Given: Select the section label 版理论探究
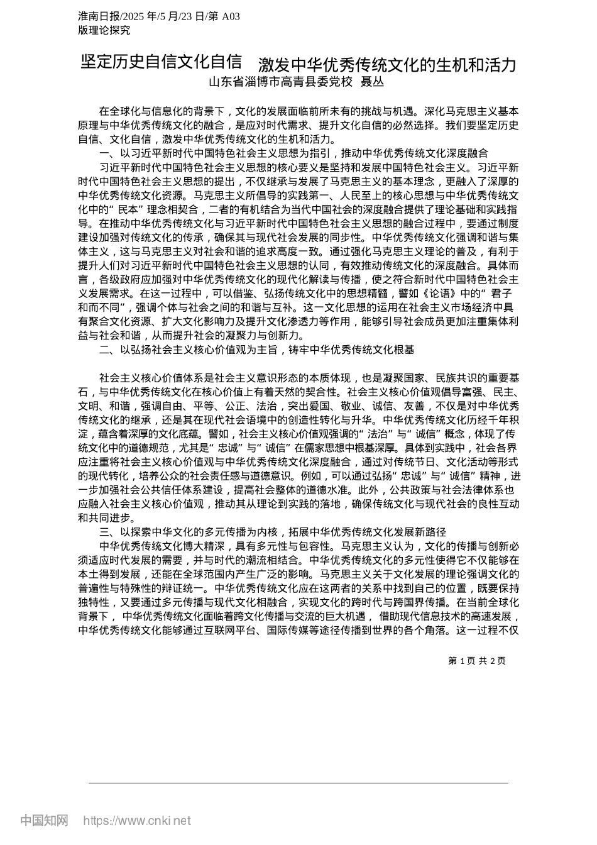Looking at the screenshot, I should (104, 30).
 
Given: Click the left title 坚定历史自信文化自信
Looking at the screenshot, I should (162, 62).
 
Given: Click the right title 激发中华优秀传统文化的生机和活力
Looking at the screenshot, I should (387, 65).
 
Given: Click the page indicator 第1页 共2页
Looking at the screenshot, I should (477, 661).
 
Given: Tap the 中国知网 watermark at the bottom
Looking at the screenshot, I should (44, 820).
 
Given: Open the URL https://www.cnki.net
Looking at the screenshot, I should (137, 820).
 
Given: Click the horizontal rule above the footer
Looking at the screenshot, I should (298, 783).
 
